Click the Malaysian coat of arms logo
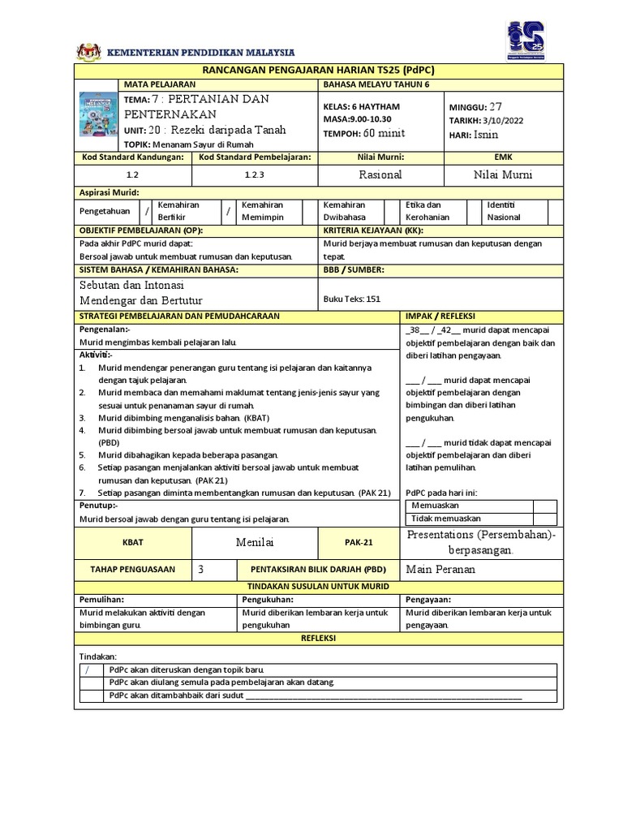coord(87,52)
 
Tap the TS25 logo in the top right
coord(526,40)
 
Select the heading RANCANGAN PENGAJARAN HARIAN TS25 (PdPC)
coord(317,71)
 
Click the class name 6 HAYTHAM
coord(374,106)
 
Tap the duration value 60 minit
coord(384,134)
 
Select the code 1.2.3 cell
coord(255,174)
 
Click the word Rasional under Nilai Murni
coord(380,174)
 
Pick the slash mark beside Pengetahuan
coord(147,211)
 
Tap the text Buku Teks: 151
coord(351,298)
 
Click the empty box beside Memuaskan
coord(545,506)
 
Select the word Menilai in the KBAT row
coord(255,541)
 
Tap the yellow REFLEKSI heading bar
coord(317,639)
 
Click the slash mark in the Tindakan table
coord(88,670)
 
